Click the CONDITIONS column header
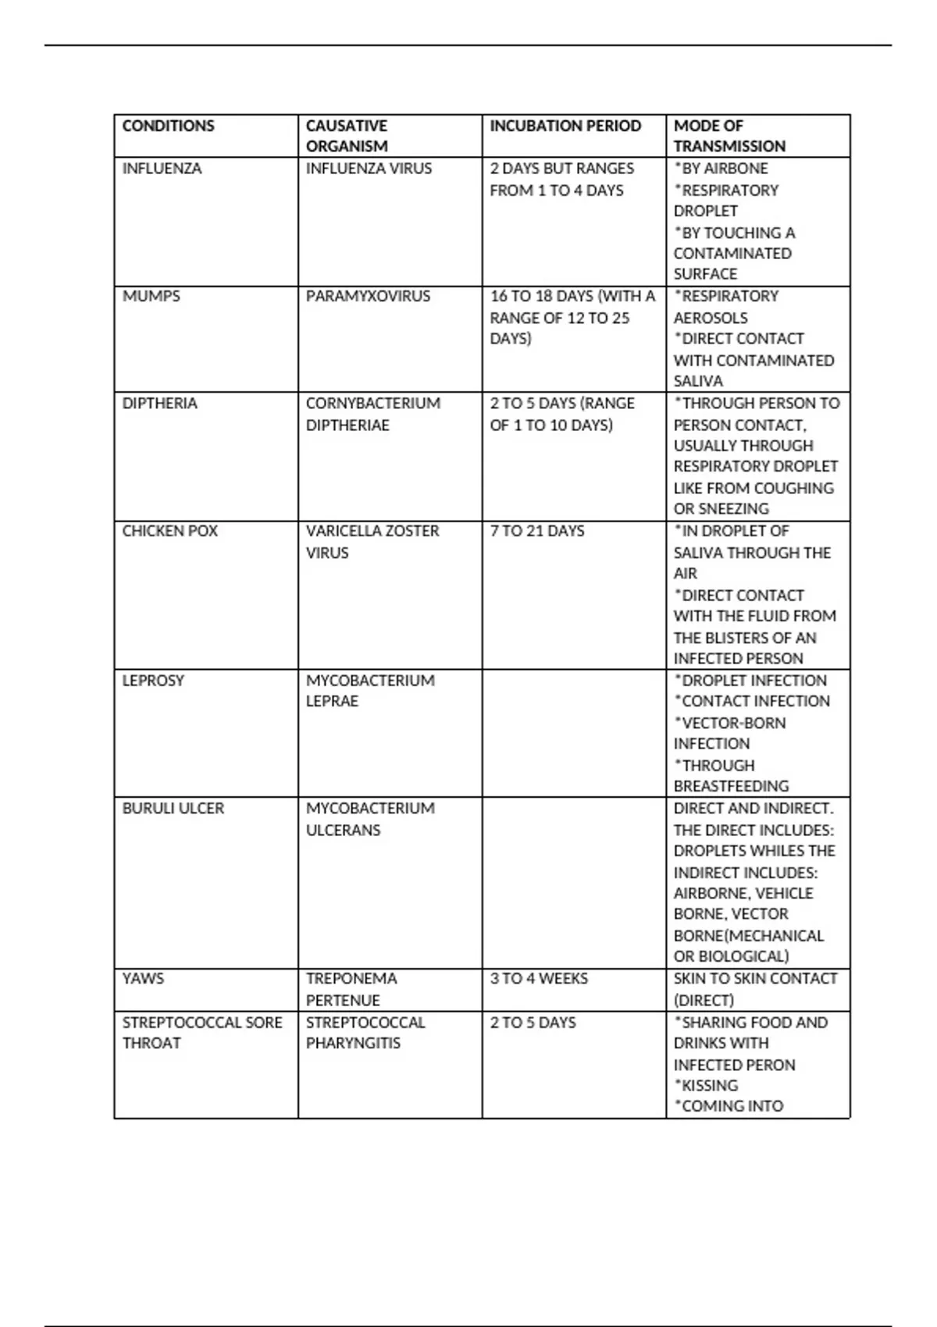coord(168,126)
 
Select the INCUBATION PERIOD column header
coord(565,126)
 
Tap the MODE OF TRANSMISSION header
coord(729,136)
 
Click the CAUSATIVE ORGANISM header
coord(347,136)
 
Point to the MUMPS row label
coord(151,297)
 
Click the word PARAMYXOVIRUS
coord(368,297)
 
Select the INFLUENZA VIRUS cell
coord(369,169)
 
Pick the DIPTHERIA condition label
coord(159,404)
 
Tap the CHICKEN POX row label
coord(169,531)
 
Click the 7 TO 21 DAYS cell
coord(537,531)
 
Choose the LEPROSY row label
coord(153,681)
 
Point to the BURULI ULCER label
coord(173,809)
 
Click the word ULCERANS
coord(343,831)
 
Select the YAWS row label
coord(143,979)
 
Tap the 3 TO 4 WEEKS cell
coord(539,979)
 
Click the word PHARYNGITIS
coord(353,1044)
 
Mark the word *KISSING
coord(706,1086)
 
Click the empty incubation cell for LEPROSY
coord(574,733)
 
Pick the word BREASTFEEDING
coord(731,786)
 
